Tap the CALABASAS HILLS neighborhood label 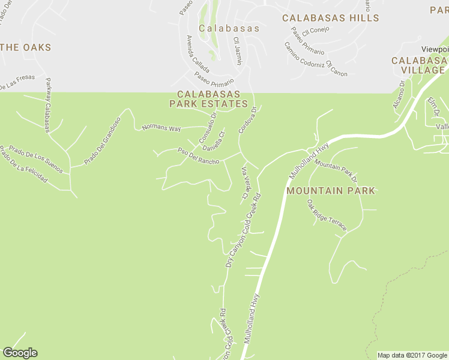click(331, 18)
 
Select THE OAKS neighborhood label click(26, 47)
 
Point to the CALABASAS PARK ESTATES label click(208, 99)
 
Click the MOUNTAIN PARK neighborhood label click(331, 191)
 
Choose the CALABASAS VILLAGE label click(418, 65)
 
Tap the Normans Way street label click(161, 128)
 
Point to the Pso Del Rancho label click(198, 156)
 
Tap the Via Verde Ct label click(245, 183)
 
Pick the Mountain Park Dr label click(336, 172)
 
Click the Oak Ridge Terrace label click(327, 216)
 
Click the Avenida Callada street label click(197, 53)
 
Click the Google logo click(20, 353)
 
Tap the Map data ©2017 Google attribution click(412, 355)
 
